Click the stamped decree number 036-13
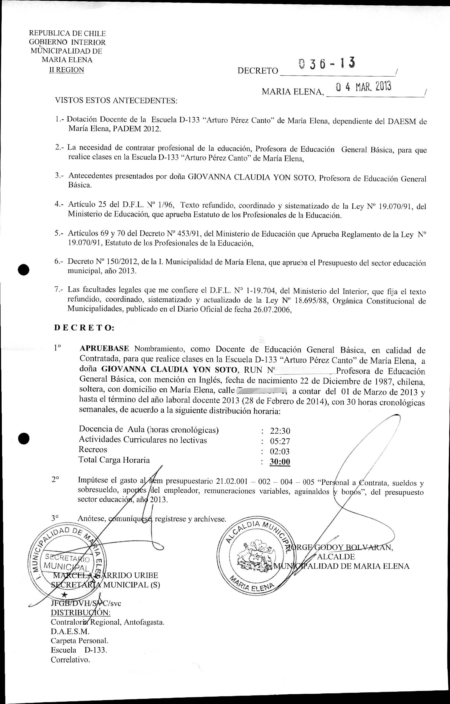click(x=327, y=64)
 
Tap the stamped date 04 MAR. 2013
click(x=363, y=87)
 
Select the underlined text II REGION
click(x=67, y=70)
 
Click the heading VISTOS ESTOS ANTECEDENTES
click(x=116, y=101)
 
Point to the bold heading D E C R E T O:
click(x=84, y=328)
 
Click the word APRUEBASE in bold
click(x=104, y=349)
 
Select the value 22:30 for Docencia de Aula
click(x=280, y=431)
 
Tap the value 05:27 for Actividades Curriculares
click(x=280, y=441)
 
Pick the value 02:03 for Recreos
click(x=280, y=451)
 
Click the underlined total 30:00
click(x=280, y=462)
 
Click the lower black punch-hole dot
click(x=24, y=438)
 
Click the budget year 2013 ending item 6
click(x=127, y=271)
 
